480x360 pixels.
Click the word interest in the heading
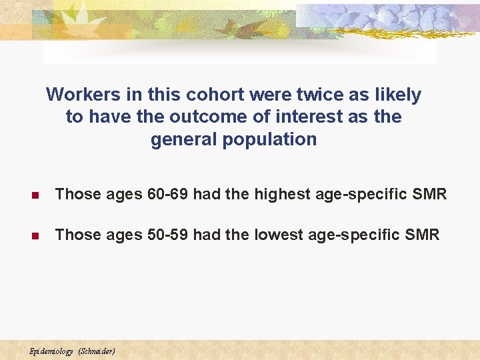(312, 117)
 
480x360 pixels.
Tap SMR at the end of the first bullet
(429, 194)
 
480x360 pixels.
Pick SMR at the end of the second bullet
(423, 235)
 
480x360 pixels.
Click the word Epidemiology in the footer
(51, 351)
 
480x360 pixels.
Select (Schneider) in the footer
(97, 351)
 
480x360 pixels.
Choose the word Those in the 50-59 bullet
(76, 235)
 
